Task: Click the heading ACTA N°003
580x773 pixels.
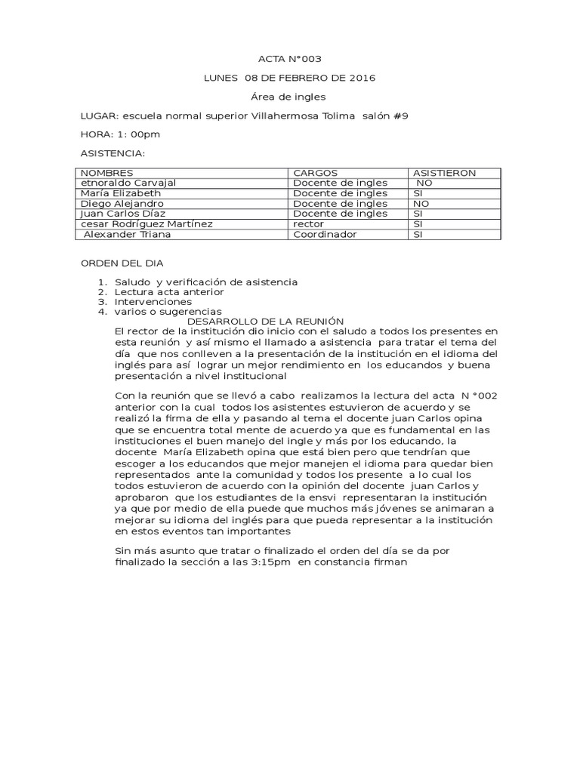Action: coord(289,59)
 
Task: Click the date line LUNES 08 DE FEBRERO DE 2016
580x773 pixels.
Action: coord(289,78)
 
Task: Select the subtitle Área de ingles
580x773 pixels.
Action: coord(289,97)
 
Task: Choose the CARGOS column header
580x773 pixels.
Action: coord(315,173)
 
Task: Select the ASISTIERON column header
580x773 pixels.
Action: coord(444,173)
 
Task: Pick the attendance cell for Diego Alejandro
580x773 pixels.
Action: coord(421,204)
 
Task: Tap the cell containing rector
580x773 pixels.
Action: coord(308,224)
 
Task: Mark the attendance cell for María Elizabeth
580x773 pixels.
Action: coord(418,193)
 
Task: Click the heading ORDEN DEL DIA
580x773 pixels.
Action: coord(122,263)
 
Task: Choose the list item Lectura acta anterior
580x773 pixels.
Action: coord(169,291)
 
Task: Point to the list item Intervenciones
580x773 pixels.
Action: coord(153,301)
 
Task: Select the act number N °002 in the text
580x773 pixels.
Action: coord(478,396)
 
